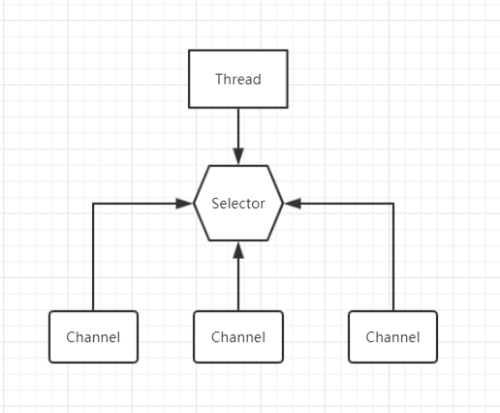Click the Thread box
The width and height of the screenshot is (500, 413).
coord(238,79)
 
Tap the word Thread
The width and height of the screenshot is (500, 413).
coord(238,79)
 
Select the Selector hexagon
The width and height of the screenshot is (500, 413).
coord(238,203)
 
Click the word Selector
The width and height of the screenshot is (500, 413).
coord(238,204)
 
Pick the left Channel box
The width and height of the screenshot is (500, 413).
coord(93,336)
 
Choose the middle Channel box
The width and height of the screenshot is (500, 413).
coord(238,336)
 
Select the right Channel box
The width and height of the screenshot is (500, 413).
coord(392,336)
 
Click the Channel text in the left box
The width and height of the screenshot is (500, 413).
coord(93,337)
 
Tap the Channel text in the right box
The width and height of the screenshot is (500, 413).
coord(392,337)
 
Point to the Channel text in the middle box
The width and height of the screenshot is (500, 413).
coord(238,337)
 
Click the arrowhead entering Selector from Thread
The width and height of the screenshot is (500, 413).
coord(238,156)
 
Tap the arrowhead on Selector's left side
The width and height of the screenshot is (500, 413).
coord(184,204)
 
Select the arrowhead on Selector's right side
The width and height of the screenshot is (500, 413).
coord(293,204)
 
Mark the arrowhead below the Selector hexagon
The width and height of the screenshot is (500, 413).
coord(238,250)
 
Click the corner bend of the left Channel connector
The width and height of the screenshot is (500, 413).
coord(93,204)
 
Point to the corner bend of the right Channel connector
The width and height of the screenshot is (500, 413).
coord(393,204)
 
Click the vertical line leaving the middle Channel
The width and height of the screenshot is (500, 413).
coord(238,284)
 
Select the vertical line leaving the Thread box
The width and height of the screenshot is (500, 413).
coord(238,128)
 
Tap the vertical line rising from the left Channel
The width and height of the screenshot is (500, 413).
coord(93,257)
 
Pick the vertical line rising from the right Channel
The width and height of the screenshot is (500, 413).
coord(393,257)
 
